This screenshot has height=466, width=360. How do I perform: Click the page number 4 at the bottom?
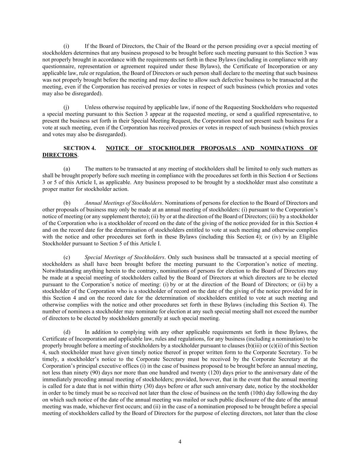(180, 442)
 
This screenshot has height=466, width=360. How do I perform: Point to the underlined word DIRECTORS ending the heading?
(60, 155)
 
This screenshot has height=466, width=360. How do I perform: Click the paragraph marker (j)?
(66, 107)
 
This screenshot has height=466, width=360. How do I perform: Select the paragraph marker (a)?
(67, 169)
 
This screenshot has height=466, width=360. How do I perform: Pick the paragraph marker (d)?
(67, 332)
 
